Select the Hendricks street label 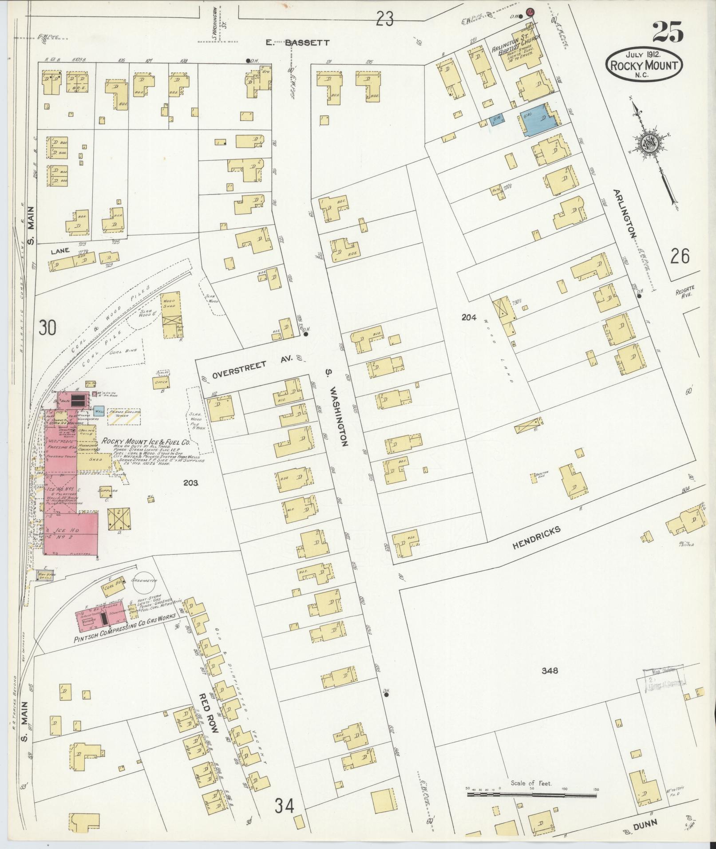point(536,538)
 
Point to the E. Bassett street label point(297,43)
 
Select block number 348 point(549,671)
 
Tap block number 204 point(469,317)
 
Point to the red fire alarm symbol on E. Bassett point(530,12)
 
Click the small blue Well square point(99,411)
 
